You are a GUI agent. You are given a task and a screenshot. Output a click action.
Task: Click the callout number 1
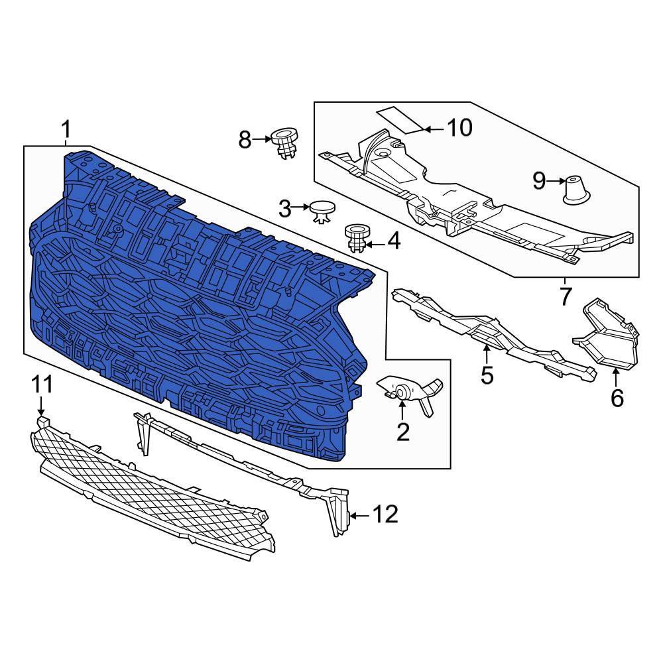pos(66,130)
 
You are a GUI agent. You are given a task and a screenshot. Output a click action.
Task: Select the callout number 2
pos(402,432)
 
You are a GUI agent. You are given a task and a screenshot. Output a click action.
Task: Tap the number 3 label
pos(285,208)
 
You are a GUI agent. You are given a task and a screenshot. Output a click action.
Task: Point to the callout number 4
pos(394,241)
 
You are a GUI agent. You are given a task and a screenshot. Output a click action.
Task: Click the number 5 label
pos(487,375)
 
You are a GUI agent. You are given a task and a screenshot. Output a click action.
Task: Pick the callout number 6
pos(617,398)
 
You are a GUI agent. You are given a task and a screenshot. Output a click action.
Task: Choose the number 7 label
pos(566,296)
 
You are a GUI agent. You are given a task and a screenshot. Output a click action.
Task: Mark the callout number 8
pos(245,140)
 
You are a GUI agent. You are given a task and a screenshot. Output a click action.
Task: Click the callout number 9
pos(539,182)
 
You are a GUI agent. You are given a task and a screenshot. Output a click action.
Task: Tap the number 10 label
pos(459,127)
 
